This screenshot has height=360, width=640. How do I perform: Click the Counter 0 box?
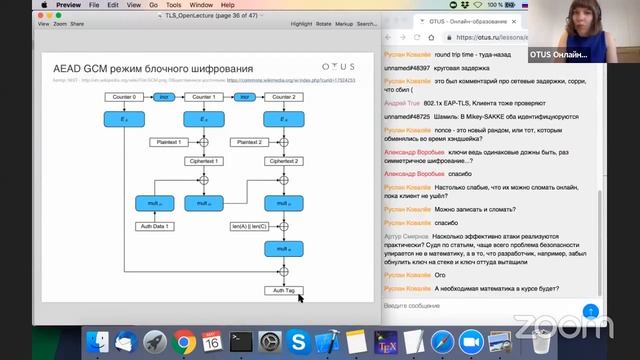pyautogui.click(x=123, y=97)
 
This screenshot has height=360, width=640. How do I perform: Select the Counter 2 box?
pyautogui.click(x=283, y=97)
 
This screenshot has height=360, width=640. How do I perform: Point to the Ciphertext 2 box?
pyautogui.click(x=283, y=161)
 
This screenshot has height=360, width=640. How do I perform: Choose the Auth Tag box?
pyautogui.click(x=283, y=290)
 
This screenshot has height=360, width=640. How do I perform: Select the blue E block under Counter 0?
pyautogui.click(x=123, y=119)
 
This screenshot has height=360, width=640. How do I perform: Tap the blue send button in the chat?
pyautogui.click(x=590, y=311)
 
